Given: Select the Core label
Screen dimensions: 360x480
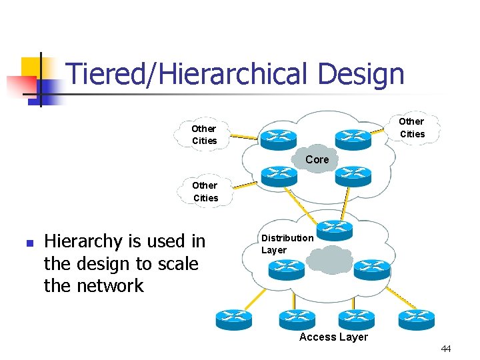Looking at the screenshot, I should click(317, 159).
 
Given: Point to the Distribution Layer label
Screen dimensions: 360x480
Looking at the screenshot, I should click(287, 244).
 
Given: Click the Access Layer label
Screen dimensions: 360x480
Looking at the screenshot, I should click(333, 337).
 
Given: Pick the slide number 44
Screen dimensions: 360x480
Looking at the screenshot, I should click(446, 349).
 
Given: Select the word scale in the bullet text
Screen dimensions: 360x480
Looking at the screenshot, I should click(175, 264).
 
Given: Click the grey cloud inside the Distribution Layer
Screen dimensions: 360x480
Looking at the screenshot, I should click(331, 260).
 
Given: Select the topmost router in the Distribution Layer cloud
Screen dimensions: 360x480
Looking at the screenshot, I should click(334, 229).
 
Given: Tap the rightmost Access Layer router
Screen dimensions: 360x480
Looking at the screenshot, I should click(416, 319).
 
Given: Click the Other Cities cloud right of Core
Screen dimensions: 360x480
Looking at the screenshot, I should click(411, 127).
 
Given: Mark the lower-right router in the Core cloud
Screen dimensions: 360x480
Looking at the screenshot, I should click(352, 175).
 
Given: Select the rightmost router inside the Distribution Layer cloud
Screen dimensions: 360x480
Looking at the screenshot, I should click(371, 269).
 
